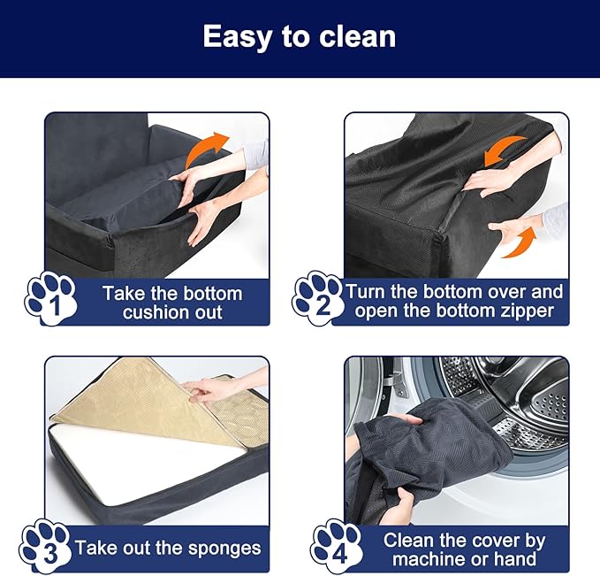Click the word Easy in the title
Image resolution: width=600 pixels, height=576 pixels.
237,37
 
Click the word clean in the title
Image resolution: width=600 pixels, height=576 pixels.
357,36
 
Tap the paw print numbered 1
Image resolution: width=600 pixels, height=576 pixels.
51,299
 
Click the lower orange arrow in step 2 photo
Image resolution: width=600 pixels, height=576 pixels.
520,243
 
